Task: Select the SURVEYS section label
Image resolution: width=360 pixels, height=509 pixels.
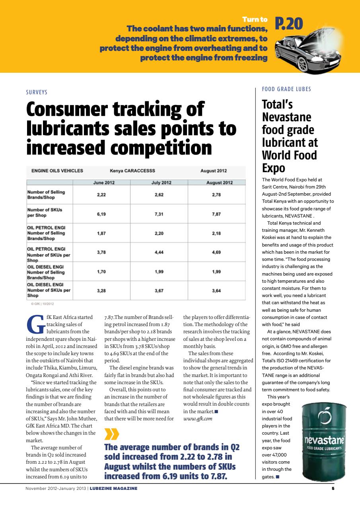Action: click(x=37, y=92)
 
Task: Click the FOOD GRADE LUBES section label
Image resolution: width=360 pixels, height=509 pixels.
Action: click(x=286, y=89)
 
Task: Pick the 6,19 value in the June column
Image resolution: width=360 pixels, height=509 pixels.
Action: click(x=101, y=214)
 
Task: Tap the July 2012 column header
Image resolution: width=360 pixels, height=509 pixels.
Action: click(x=162, y=183)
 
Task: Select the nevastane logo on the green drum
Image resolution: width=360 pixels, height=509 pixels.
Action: click(x=324, y=441)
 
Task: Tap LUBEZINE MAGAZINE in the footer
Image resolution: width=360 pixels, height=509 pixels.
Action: click(x=113, y=489)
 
